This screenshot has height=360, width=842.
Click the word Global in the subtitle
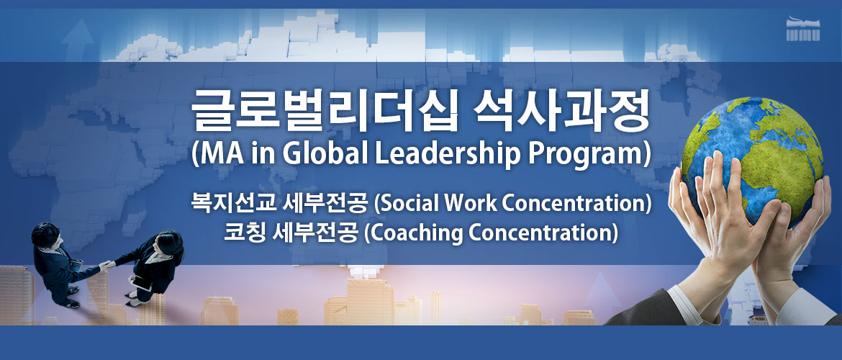pos(325,155)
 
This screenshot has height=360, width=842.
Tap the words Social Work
pos(438,204)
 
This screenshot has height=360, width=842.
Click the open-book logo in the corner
pos(803,30)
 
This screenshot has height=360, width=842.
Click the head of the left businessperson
pos(45,235)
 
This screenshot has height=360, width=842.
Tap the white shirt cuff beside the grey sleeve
pos(684,304)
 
